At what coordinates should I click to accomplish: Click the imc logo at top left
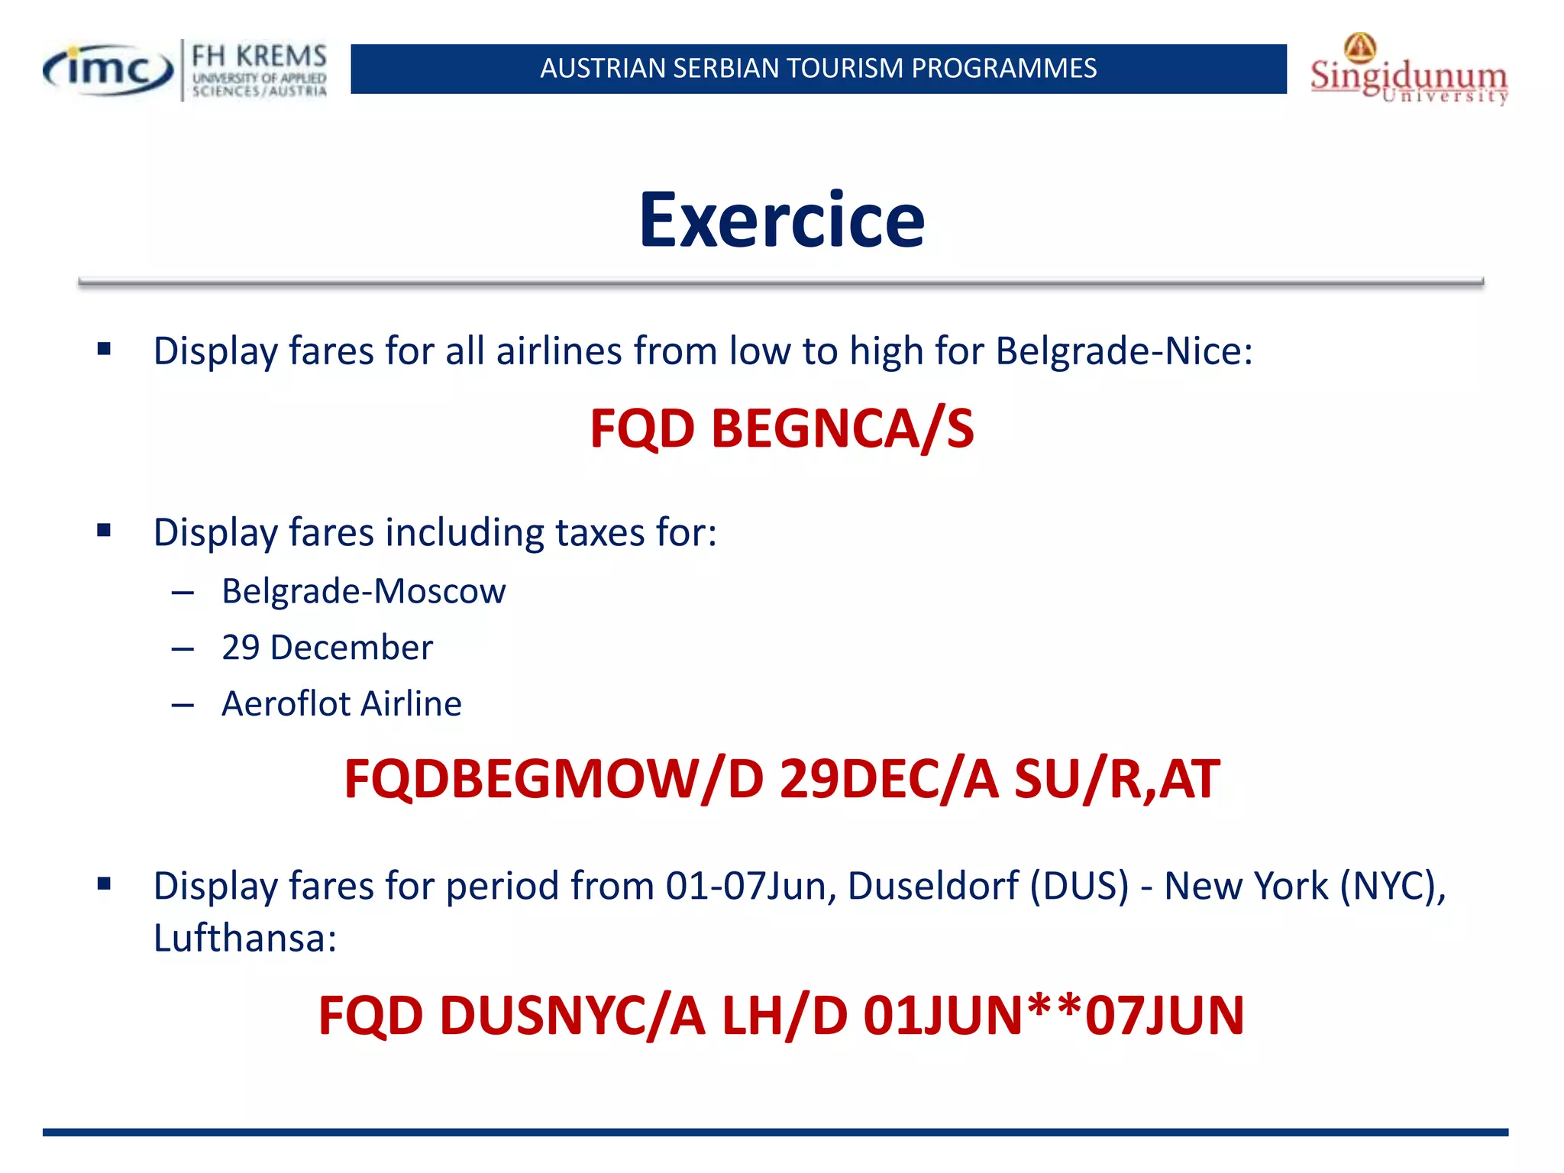[107, 70]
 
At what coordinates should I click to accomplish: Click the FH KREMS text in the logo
[259, 57]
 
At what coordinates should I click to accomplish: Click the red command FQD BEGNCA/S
[781, 428]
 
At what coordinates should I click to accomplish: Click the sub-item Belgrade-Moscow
[364, 591]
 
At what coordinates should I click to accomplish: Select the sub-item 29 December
[327, 648]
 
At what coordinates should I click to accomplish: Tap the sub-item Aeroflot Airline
[341, 703]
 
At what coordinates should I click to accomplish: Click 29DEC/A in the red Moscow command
[888, 780]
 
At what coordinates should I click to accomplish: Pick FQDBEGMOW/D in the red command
[554, 780]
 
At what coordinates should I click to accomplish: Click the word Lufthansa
[244, 938]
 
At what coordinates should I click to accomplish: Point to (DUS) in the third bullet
[1079, 886]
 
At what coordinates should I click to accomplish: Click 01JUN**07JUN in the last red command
[1053, 1016]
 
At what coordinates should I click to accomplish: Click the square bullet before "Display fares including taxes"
[105, 530]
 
